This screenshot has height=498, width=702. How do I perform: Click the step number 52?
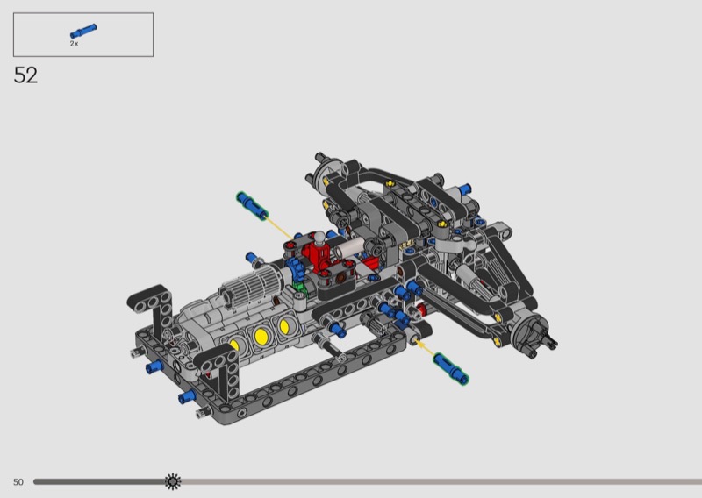25,75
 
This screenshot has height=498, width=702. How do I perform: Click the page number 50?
18,482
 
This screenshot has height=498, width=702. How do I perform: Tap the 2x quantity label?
74,44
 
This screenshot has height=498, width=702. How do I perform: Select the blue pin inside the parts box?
83,31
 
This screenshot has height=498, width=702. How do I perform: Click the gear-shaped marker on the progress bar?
173,481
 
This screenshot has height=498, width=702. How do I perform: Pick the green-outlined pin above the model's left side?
252,205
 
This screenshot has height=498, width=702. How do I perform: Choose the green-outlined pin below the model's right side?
451,368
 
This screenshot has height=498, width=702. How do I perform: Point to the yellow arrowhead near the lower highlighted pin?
419,344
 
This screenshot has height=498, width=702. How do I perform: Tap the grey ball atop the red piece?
319,237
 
